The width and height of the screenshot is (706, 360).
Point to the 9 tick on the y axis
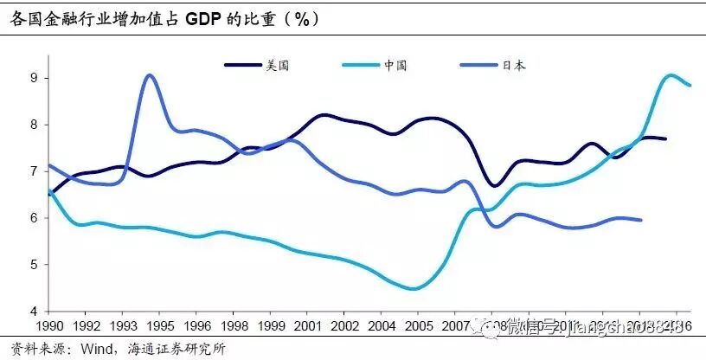click(33, 78)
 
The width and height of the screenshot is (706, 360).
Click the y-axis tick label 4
click(33, 311)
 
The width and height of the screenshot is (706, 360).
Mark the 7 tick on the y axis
click(33, 171)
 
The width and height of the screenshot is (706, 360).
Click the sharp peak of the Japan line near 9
click(150, 75)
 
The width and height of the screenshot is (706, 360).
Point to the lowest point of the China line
click(414, 289)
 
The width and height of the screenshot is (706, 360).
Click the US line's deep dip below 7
click(493, 185)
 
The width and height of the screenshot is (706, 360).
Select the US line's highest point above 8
click(323, 114)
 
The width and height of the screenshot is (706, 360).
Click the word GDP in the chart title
click(200, 17)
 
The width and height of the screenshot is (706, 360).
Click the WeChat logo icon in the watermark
click(492, 327)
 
